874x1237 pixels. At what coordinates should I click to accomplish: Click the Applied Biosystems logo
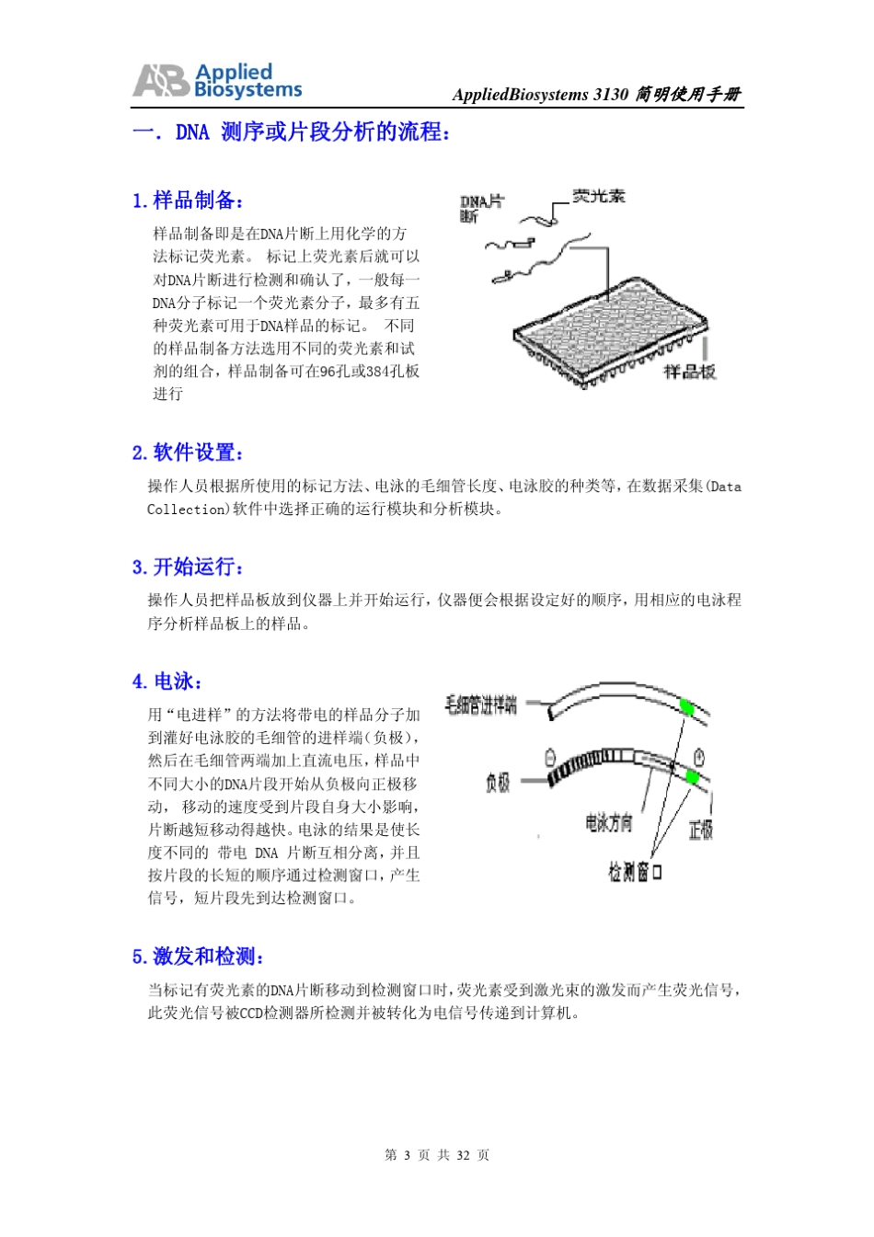pos(217,81)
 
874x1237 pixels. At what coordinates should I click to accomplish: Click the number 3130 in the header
pos(610,95)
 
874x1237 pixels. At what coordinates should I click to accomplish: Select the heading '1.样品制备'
pos(188,200)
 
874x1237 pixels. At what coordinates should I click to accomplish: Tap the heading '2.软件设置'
pos(188,452)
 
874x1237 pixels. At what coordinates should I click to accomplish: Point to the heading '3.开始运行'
pos(188,567)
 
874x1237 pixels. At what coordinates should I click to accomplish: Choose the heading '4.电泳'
pos(167,681)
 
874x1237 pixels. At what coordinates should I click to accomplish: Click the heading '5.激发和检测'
pos(198,956)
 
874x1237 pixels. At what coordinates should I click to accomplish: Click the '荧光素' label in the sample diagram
pos(598,196)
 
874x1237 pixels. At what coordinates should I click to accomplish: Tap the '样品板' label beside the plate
pos(689,372)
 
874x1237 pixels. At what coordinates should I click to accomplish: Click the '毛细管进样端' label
pos(480,705)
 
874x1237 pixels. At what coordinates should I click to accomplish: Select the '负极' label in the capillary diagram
pos(498,783)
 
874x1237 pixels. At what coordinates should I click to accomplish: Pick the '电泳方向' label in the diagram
pos(608,822)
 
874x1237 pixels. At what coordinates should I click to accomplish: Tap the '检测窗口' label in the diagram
pos(634,871)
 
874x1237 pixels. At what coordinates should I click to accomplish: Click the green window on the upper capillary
pos(685,706)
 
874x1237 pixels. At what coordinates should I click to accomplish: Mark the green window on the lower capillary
pos(693,777)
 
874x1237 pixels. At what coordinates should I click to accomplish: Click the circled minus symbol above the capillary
pos(550,758)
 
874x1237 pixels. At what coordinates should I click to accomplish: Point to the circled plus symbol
pos(699,757)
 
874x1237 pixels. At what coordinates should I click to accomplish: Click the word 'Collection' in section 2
pos(187,510)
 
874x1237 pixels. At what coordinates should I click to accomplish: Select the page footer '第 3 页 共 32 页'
pos(437,1155)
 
